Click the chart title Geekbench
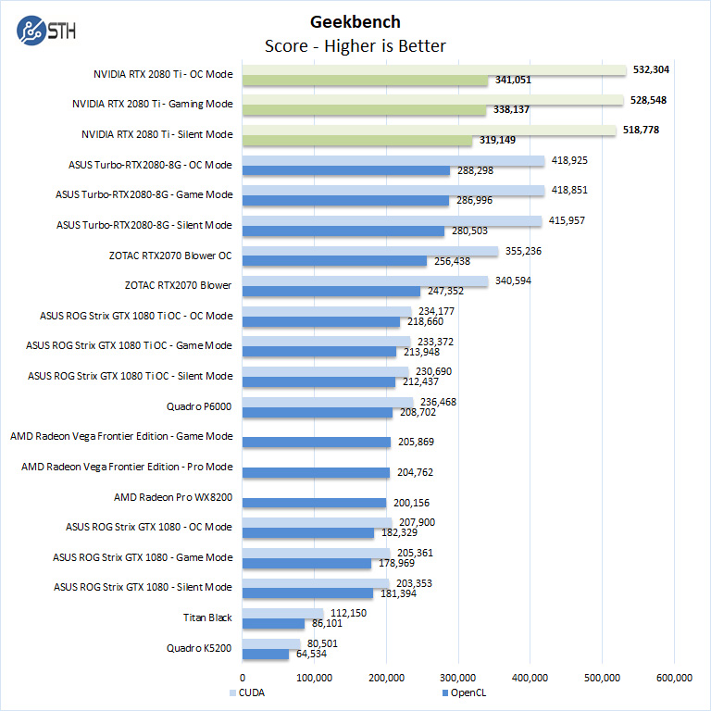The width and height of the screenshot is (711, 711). tap(355, 22)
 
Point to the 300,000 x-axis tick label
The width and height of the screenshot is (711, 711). tap(458, 678)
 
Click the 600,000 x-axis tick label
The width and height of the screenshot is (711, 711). tap(673, 678)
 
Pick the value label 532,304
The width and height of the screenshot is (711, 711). tap(650, 69)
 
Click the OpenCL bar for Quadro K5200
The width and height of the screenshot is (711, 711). tap(266, 655)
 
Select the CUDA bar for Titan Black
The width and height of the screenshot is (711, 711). tap(283, 613)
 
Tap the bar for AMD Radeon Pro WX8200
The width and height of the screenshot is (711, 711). tap(314, 503)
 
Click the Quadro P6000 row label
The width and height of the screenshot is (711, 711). tap(199, 405)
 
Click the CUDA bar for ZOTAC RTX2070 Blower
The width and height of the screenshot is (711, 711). tap(365, 281)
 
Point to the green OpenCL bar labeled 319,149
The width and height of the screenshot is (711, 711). tap(357, 141)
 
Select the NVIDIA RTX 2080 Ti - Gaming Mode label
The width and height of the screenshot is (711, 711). tap(152, 104)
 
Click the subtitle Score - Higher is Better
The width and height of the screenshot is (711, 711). tap(355, 45)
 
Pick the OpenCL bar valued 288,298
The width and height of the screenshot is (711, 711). tap(346, 171)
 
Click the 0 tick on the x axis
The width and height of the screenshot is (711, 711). tap(243, 678)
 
